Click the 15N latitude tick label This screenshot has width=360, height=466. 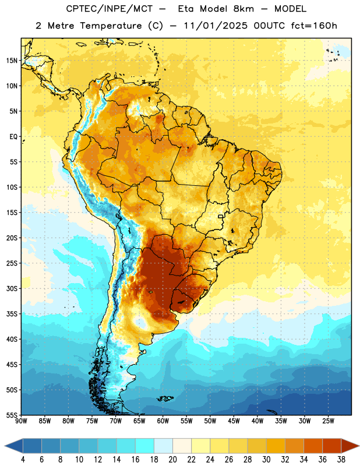pyautogui.click(x=12, y=61)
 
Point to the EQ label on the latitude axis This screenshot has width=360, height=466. pyautogui.click(x=13, y=137)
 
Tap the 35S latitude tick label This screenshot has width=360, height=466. pyautogui.click(x=12, y=314)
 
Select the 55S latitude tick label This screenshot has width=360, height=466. pyautogui.click(x=12, y=415)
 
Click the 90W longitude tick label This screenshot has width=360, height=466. pyautogui.click(x=21, y=421)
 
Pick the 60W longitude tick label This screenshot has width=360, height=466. pyautogui.click(x=163, y=421)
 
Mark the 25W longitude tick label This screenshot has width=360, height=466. pyautogui.click(x=328, y=421)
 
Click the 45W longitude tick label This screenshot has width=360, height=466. pyautogui.click(x=234, y=421)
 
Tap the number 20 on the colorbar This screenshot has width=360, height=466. pyautogui.click(x=172, y=460)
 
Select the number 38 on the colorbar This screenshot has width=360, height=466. pyautogui.click(x=341, y=460)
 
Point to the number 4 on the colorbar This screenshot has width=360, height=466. pyautogui.click(x=23, y=460)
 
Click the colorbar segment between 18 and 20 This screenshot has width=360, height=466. pyautogui.click(x=163, y=446)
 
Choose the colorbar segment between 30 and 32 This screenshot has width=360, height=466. pyautogui.click(x=276, y=446)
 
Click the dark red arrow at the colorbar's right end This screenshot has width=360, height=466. pyautogui.click(x=350, y=446)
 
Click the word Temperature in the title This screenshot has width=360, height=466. pyautogui.click(x=111, y=26)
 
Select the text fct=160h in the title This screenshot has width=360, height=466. pyautogui.click(x=314, y=26)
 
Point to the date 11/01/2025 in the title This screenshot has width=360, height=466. pyautogui.click(x=215, y=26)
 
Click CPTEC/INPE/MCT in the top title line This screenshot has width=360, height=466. pyautogui.click(x=110, y=9)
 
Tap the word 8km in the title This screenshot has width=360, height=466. pyautogui.click(x=243, y=9)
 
